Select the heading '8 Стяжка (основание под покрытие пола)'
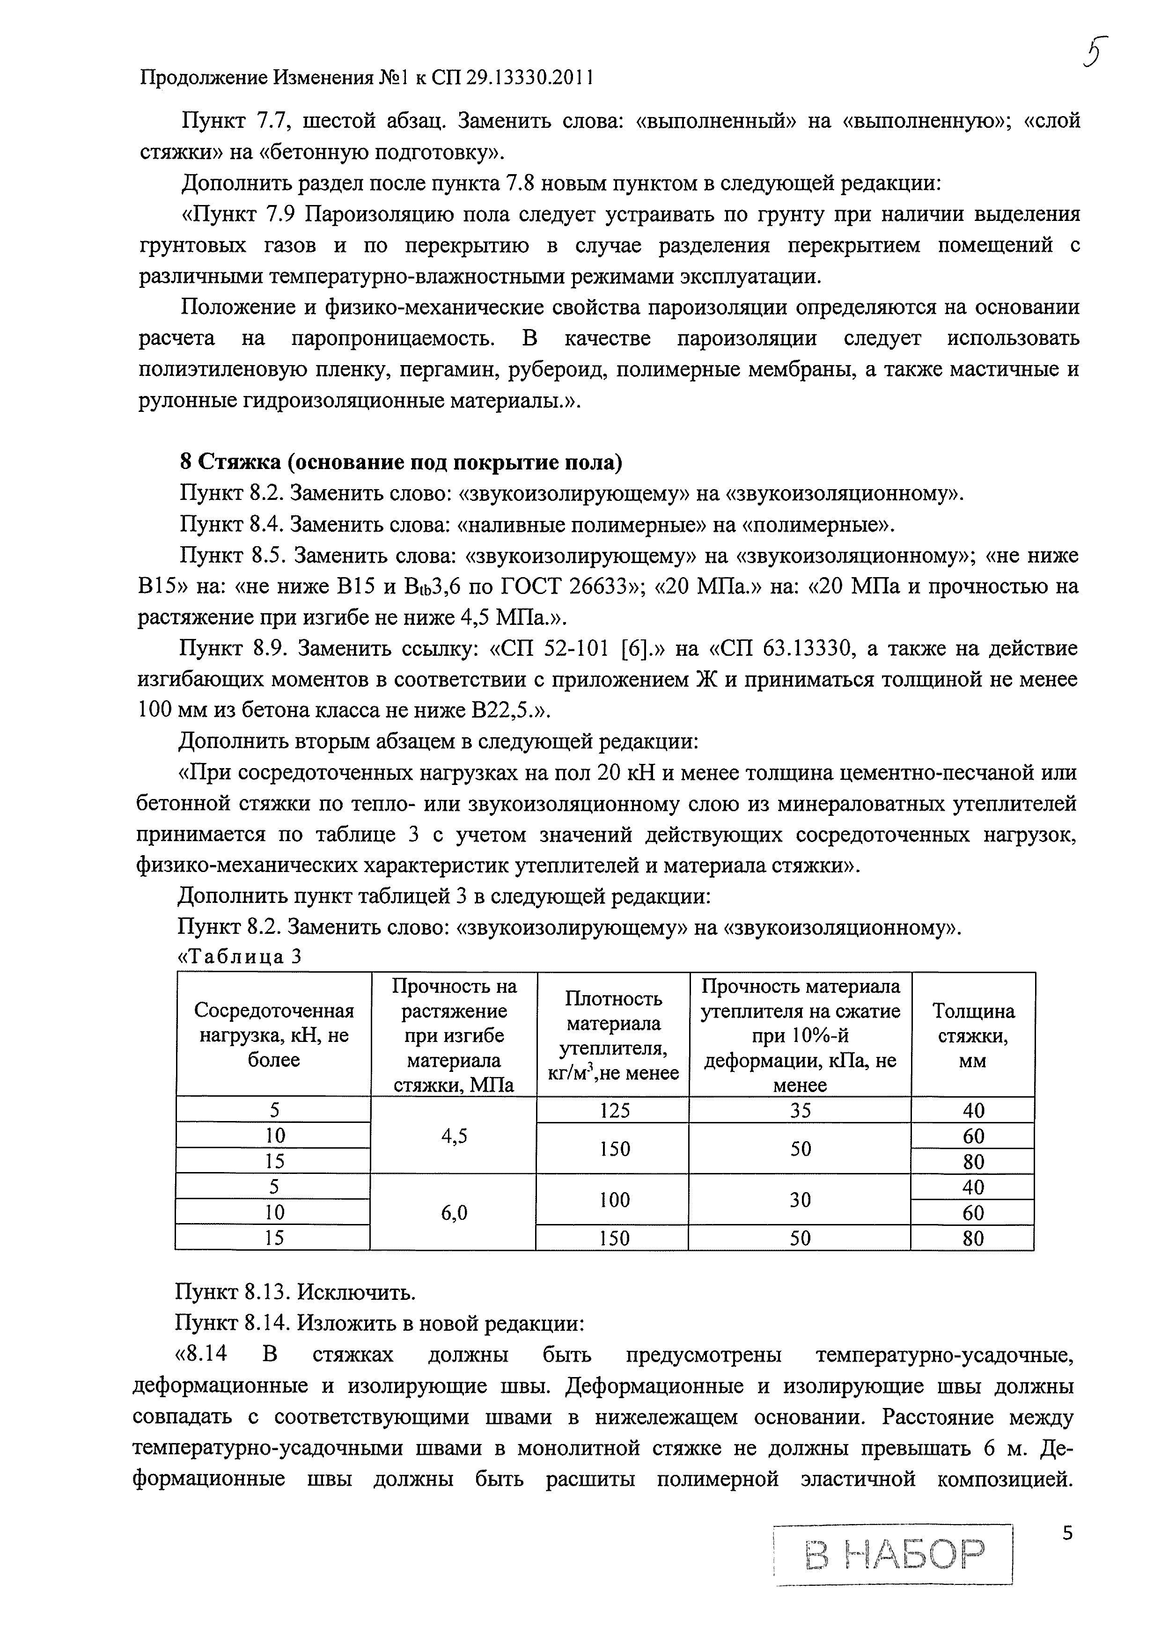[x=401, y=463]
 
